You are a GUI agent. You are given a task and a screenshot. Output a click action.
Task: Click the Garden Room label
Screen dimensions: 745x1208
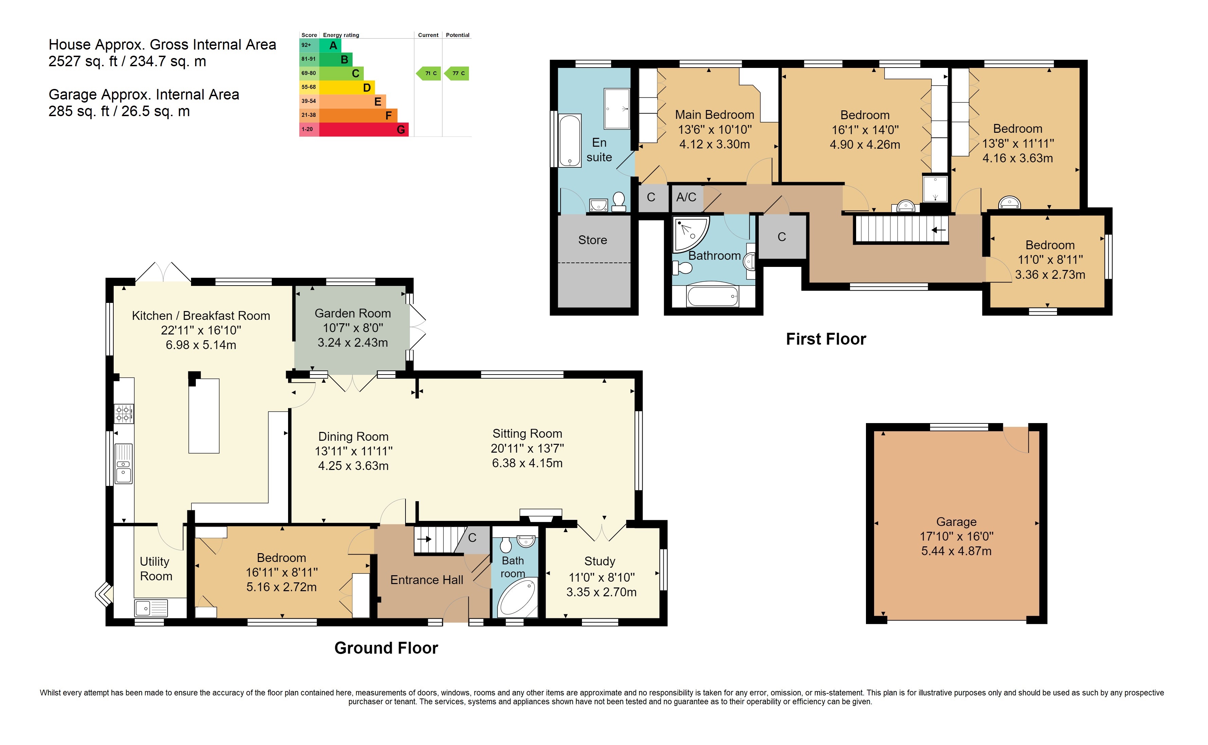pyautogui.click(x=353, y=313)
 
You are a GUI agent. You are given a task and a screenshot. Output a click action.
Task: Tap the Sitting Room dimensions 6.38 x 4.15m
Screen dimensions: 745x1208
pyautogui.click(x=527, y=463)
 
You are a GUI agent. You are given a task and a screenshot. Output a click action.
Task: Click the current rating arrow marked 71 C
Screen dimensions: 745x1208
pyautogui.click(x=429, y=73)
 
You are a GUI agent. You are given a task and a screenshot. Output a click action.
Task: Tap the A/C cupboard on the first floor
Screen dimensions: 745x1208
pyautogui.click(x=686, y=198)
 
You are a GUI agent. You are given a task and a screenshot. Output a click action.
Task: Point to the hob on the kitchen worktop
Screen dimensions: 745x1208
pyautogui.click(x=124, y=414)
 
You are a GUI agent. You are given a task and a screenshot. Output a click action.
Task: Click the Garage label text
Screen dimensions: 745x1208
pyautogui.click(x=956, y=522)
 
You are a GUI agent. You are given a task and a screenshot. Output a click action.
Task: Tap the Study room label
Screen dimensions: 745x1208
pyautogui.click(x=600, y=561)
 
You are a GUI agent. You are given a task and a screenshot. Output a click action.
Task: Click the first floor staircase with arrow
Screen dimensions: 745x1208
pyautogui.click(x=901, y=229)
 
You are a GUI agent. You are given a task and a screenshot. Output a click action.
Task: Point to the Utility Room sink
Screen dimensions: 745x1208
pyautogui.click(x=151, y=608)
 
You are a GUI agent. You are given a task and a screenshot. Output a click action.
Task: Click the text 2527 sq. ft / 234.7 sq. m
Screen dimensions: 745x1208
pyautogui.click(x=127, y=61)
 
